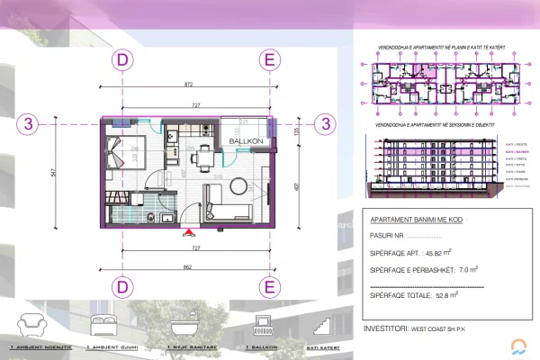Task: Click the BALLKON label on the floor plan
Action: coord(245,142)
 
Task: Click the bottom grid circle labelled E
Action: coord(268,287)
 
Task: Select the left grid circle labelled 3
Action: coord(31,124)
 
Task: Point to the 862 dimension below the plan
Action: coord(187,266)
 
